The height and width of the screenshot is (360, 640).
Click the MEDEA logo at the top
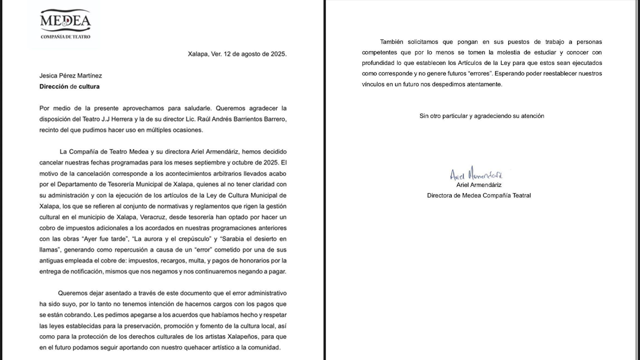click(65, 21)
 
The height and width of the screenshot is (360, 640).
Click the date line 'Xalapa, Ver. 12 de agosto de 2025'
click(237, 54)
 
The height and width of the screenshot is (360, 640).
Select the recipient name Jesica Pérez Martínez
click(70, 75)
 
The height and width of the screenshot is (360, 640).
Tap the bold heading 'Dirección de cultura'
click(69, 86)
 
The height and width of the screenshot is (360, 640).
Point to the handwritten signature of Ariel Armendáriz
click(476, 174)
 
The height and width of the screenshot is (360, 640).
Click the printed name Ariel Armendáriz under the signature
click(479, 185)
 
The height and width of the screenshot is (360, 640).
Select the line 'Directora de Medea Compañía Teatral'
click(479, 195)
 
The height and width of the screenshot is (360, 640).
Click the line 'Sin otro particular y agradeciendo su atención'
click(481, 116)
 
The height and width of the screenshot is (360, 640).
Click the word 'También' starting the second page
click(391, 42)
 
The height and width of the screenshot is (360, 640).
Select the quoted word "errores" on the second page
click(469, 73)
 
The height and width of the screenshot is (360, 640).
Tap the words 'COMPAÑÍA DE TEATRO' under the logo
click(65, 36)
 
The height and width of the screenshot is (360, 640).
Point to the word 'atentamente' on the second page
click(484, 84)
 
